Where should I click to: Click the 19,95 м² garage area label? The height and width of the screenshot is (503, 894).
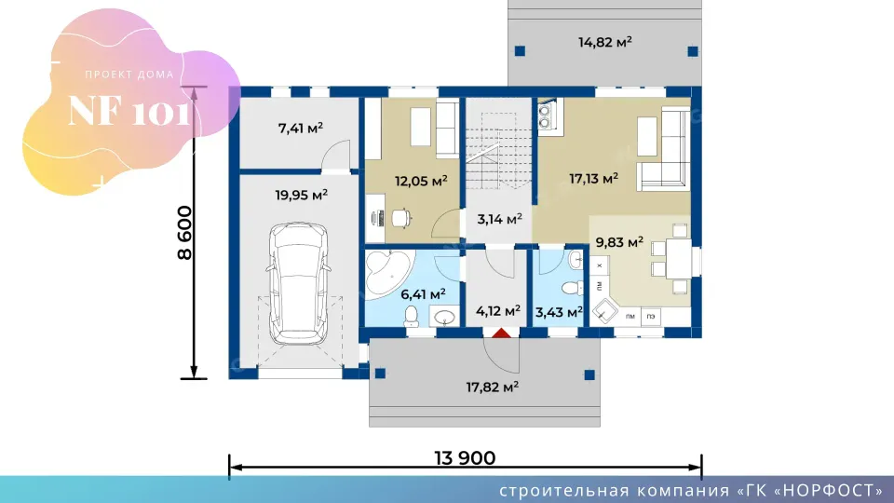(301, 196)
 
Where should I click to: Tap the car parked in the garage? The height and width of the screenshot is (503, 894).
(299, 284)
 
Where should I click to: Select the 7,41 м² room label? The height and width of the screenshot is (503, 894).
(301, 129)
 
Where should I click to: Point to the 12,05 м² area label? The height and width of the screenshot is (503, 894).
(421, 182)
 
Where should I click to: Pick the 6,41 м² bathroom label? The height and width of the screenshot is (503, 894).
(423, 295)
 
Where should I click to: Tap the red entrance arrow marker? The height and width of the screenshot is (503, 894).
(501, 333)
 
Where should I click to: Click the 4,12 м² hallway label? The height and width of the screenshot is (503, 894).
(497, 311)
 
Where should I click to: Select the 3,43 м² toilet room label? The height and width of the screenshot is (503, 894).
(559, 313)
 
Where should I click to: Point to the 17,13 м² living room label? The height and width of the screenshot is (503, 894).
(593, 179)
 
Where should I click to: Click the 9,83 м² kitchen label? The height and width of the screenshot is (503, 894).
(619, 242)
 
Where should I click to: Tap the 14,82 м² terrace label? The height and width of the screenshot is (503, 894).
(605, 42)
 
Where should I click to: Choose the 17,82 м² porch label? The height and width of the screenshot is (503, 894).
(492, 387)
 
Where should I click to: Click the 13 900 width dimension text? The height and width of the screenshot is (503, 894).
(465, 458)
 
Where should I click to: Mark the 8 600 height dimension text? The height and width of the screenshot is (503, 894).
(185, 233)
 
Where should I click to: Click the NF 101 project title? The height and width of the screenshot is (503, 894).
(129, 111)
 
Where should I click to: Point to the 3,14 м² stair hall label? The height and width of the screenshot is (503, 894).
(500, 220)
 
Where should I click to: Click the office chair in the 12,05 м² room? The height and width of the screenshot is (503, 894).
(401, 218)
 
